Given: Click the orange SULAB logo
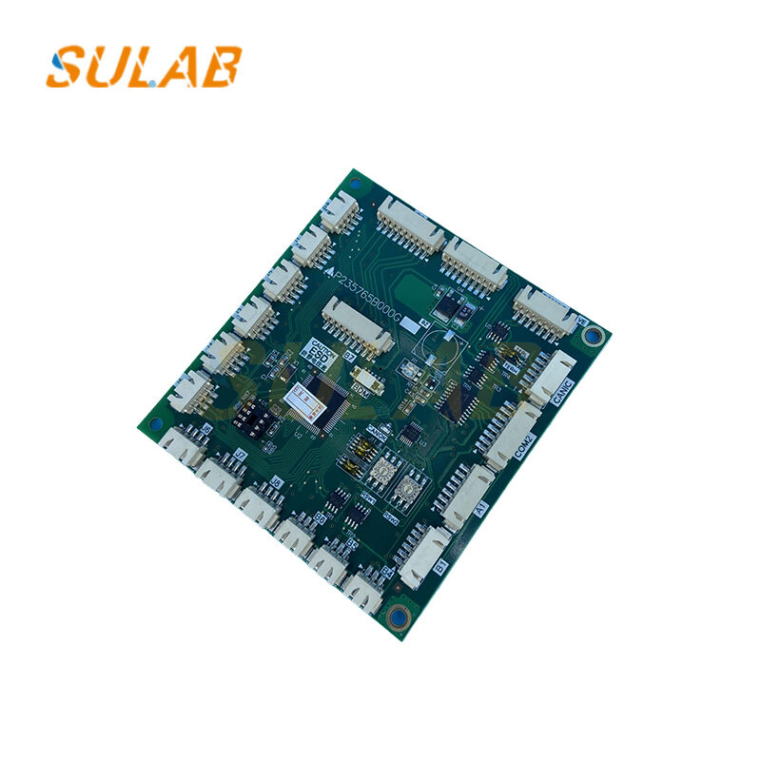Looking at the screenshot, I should (x=143, y=66).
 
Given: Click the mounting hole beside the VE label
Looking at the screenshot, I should (x=595, y=335).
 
